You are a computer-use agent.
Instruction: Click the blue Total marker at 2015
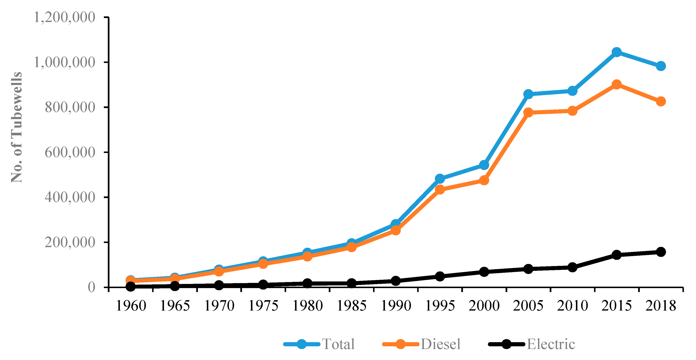click(616, 52)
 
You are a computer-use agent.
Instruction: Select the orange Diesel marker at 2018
click(661, 102)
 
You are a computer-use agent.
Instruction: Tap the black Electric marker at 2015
click(616, 255)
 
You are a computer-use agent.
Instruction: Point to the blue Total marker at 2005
click(528, 94)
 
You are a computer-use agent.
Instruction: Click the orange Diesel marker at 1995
click(440, 190)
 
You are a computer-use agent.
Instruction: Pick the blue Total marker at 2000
click(484, 165)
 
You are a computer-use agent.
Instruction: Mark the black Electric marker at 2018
click(661, 252)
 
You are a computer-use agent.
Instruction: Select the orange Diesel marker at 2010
click(572, 111)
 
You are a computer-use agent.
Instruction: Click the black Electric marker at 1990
click(395, 281)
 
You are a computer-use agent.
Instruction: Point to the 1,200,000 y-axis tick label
click(64, 18)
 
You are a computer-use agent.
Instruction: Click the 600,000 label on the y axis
click(70, 152)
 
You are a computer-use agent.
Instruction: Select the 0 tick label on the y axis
click(91, 287)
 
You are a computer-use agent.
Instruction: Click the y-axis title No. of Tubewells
click(17, 127)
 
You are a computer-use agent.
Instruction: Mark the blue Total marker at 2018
click(661, 66)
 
